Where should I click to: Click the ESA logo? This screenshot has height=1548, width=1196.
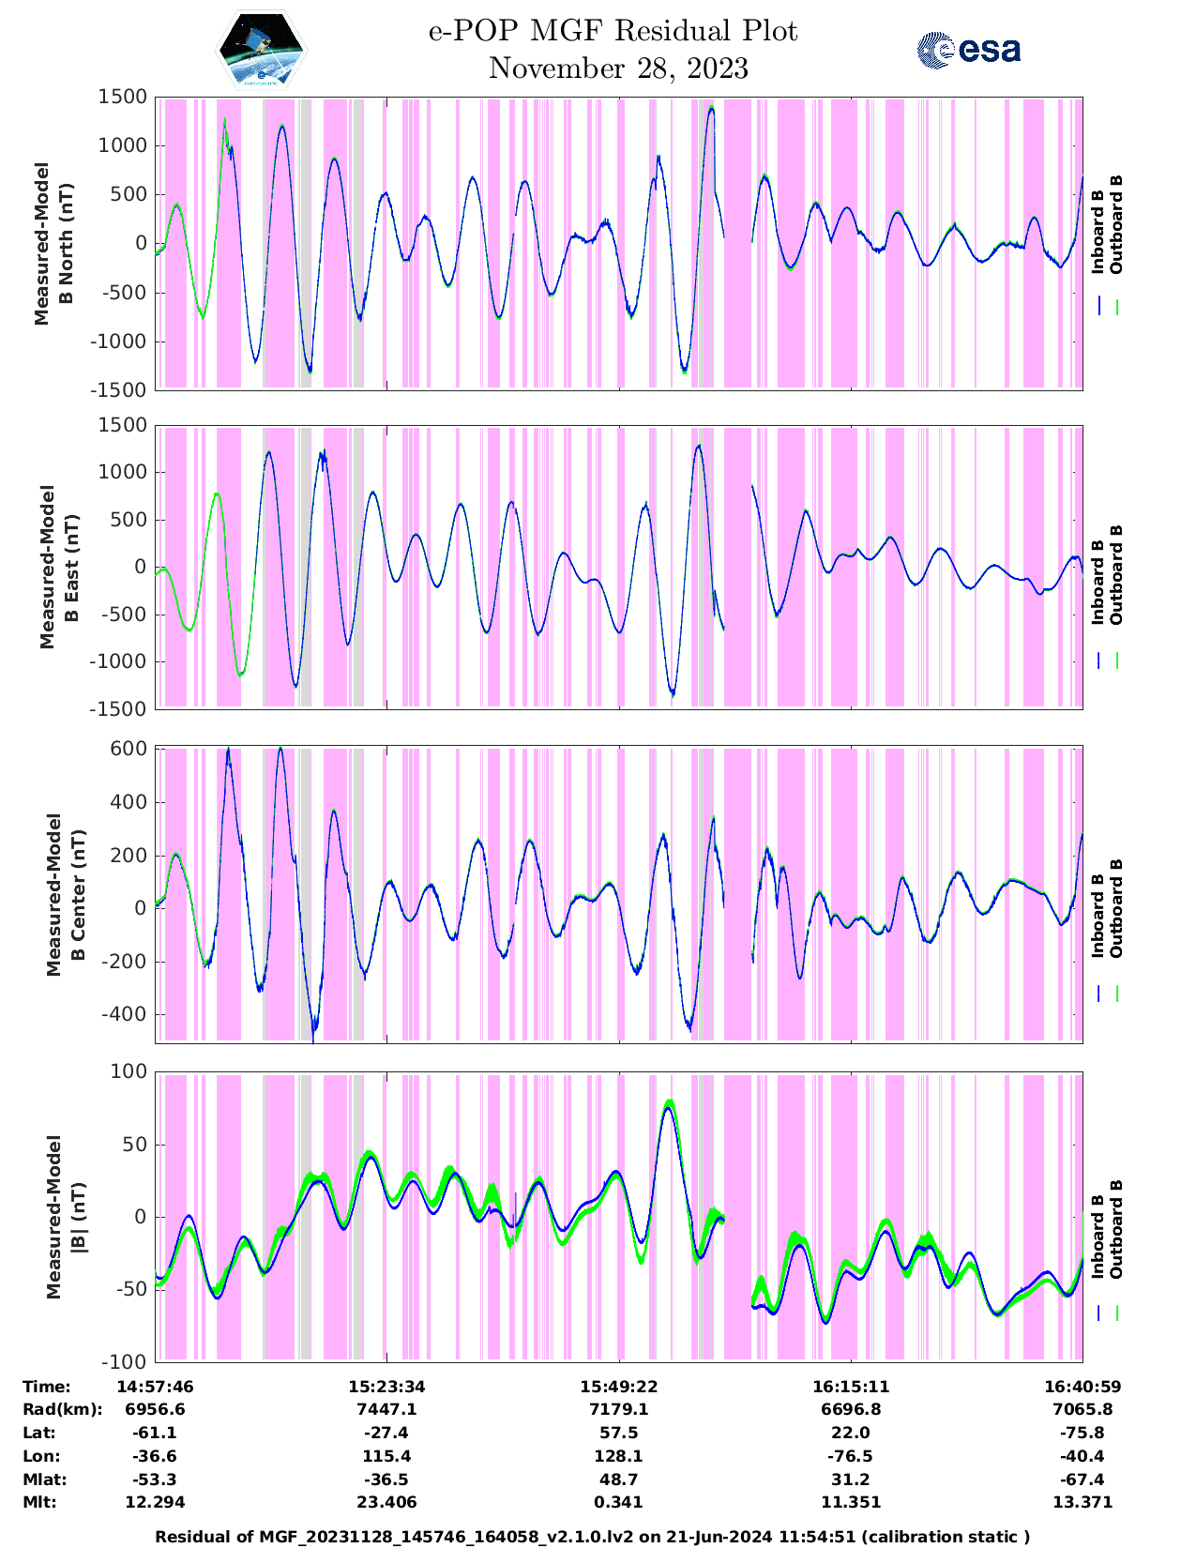tap(968, 50)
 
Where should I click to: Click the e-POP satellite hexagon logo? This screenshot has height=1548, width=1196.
tap(262, 50)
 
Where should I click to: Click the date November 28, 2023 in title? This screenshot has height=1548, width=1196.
tap(618, 68)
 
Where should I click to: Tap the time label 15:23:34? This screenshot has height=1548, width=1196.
tap(386, 1387)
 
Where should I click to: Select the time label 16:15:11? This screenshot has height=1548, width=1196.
tap(851, 1387)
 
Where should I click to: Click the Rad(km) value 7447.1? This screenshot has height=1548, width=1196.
tap(386, 1410)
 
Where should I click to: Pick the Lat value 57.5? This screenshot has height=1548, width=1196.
tap(619, 1434)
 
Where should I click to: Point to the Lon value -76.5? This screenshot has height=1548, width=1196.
tap(851, 1457)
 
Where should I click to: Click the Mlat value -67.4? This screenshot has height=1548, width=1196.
tap(1082, 1480)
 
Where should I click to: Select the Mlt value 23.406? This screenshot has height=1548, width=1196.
tap(386, 1503)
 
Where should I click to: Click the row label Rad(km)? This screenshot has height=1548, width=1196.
tap(62, 1410)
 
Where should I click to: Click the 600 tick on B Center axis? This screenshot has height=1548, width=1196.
tap(128, 749)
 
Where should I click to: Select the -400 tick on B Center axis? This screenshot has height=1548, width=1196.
tap(124, 1015)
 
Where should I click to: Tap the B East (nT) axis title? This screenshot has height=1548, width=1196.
tap(70, 567)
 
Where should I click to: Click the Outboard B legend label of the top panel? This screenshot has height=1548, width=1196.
tap(1116, 225)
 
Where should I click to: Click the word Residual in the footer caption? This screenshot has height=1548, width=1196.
tap(194, 1537)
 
